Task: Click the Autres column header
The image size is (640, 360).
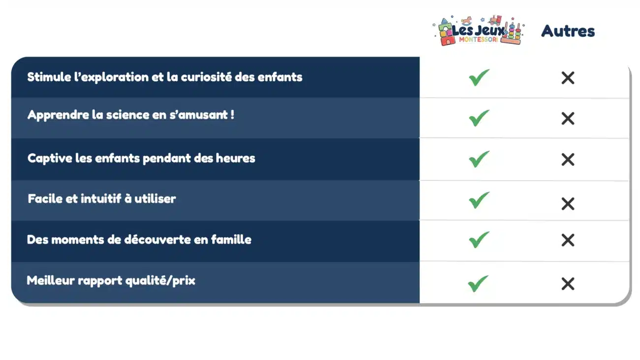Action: click(x=568, y=31)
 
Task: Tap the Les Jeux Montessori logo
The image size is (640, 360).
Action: click(x=478, y=31)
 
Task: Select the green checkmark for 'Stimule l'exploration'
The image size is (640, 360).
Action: click(x=479, y=77)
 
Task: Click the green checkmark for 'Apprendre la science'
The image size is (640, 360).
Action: click(x=479, y=118)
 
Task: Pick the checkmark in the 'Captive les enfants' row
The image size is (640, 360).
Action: click(x=479, y=159)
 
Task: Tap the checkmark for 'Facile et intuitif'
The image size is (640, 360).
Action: click(x=479, y=200)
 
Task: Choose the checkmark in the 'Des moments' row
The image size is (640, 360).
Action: click(x=479, y=240)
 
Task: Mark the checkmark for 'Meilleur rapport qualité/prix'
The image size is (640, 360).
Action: click(x=478, y=283)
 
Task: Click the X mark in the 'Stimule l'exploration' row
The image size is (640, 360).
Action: click(x=568, y=78)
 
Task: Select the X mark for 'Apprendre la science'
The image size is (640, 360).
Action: click(x=568, y=118)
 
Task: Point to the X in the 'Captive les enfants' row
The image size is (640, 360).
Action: click(x=568, y=160)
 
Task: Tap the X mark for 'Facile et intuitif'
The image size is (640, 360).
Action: click(x=568, y=203)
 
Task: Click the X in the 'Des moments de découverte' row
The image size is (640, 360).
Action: click(x=568, y=240)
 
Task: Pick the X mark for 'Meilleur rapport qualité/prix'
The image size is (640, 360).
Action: click(x=568, y=284)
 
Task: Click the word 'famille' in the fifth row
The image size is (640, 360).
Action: click(x=231, y=240)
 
